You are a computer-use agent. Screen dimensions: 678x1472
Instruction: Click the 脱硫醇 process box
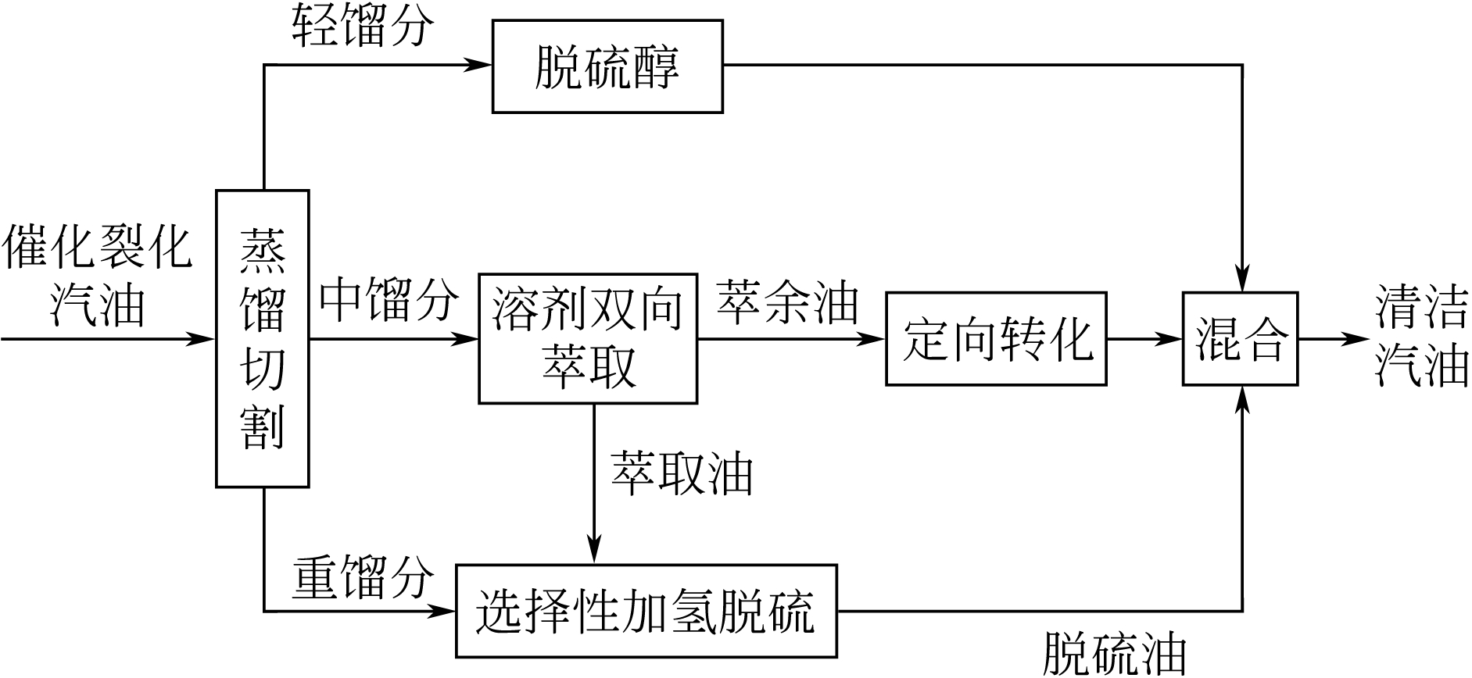607,67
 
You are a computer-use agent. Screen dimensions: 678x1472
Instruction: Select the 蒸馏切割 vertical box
263,339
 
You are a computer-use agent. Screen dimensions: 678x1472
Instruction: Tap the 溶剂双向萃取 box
588,338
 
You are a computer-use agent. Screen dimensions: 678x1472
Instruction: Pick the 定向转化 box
996,339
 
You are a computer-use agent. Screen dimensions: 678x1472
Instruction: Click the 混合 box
1240,339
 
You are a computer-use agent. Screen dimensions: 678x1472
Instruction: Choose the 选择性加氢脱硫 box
646,611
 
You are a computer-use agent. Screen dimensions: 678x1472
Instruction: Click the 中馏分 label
389,300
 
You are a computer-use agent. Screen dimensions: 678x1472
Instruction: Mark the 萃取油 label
682,473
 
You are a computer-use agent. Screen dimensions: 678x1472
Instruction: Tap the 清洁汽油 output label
1421,339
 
